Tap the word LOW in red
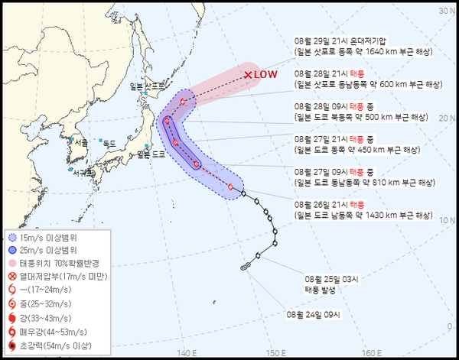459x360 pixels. (265, 75)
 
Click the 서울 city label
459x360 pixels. (80, 142)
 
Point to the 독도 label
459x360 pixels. (109, 143)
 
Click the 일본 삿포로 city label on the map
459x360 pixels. (148, 86)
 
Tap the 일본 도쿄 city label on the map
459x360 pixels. (151, 154)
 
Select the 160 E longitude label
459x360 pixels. (371, 352)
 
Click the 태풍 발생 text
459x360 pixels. (321, 290)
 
